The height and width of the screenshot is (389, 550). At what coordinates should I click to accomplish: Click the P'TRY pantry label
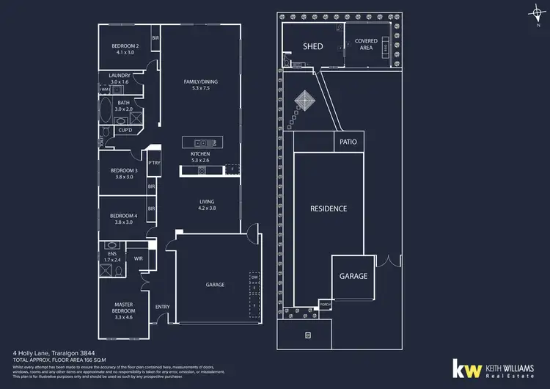[x=155, y=163]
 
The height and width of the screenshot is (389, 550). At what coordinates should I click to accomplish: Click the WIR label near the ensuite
[x=139, y=258]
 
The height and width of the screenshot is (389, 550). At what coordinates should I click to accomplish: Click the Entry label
[x=163, y=307]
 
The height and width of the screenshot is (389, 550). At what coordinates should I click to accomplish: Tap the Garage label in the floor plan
[x=215, y=285]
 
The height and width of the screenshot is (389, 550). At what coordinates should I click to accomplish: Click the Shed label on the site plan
[x=313, y=46]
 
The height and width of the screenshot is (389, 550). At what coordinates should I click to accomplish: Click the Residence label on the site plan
[x=328, y=208]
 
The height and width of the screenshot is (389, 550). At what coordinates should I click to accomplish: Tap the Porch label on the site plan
[x=325, y=304]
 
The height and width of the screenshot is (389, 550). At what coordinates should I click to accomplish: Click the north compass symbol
[x=538, y=12]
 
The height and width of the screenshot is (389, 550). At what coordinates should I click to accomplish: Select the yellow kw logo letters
[x=465, y=369]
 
